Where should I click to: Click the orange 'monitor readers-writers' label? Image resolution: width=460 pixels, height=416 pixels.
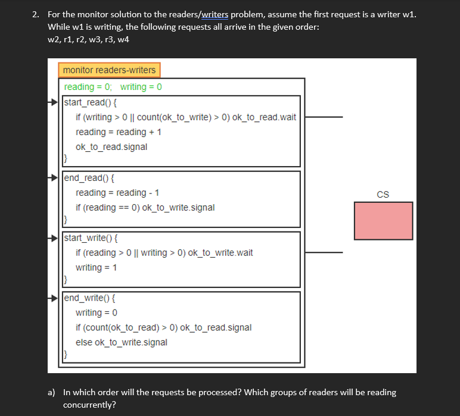click(109, 70)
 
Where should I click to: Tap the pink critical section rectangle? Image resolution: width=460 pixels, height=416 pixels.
click(383, 221)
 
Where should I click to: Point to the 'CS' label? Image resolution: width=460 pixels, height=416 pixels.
click(383, 195)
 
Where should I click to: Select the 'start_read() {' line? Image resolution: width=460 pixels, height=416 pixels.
click(90, 102)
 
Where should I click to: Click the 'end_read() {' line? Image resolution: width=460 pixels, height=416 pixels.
click(89, 177)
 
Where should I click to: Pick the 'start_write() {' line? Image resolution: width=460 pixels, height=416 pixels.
click(91, 238)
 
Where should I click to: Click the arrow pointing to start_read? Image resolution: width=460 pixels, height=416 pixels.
click(54, 102)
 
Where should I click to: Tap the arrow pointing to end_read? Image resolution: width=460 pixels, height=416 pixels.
click(54, 177)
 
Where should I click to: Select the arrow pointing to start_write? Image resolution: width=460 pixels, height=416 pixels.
click(54, 237)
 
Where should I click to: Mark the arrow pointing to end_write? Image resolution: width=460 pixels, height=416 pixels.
click(54, 298)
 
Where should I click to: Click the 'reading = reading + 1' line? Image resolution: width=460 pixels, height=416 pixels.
click(119, 132)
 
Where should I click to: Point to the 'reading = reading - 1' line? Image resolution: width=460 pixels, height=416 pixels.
click(117, 193)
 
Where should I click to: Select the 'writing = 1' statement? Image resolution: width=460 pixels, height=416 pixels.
click(96, 268)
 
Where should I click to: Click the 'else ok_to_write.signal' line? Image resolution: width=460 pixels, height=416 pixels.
click(121, 342)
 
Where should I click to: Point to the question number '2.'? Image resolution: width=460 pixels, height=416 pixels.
click(36, 15)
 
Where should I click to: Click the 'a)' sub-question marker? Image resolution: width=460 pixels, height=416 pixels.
click(52, 392)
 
